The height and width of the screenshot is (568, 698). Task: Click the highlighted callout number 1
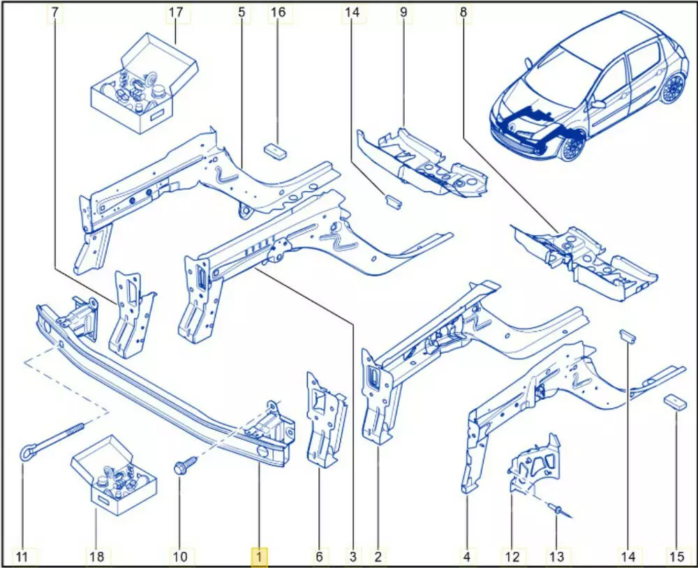tap(259, 556)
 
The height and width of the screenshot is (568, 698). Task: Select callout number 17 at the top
tap(176, 13)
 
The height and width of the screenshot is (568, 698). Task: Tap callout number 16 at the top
tap(278, 13)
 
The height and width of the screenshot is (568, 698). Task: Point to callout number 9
tap(403, 13)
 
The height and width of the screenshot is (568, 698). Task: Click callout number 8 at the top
tap(463, 13)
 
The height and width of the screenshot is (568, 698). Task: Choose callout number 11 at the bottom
tap(22, 556)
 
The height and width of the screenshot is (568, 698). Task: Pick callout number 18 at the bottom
tap(96, 556)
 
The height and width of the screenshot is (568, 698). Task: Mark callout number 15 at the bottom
tap(676, 556)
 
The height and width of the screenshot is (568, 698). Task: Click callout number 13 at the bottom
tap(556, 556)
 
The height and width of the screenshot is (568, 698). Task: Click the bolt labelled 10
tap(183, 466)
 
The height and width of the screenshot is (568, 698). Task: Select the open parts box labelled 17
tap(145, 84)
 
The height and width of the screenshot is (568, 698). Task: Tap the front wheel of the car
tap(571, 146)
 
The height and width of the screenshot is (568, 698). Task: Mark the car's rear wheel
tap(673, 88)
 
